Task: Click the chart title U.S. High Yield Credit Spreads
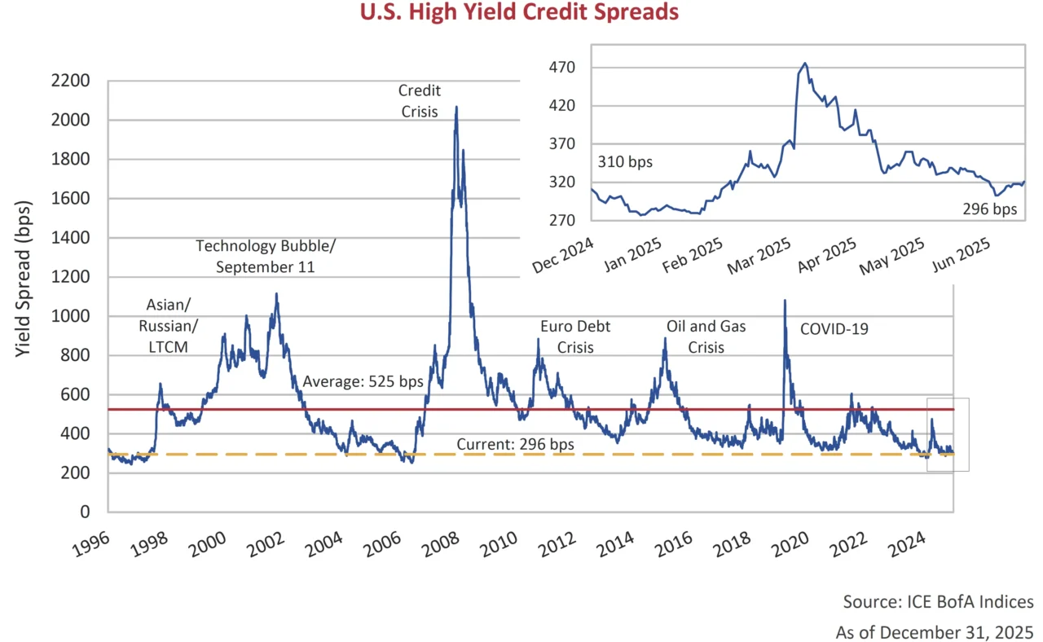521,13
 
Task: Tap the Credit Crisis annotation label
419,101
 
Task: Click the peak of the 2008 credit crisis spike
455,108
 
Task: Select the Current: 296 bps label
514,444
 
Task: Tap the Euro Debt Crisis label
575,336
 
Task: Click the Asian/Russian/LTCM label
172,326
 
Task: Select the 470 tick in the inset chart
565,67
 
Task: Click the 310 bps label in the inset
625,162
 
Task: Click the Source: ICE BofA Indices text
938,601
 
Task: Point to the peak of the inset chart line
805,63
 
